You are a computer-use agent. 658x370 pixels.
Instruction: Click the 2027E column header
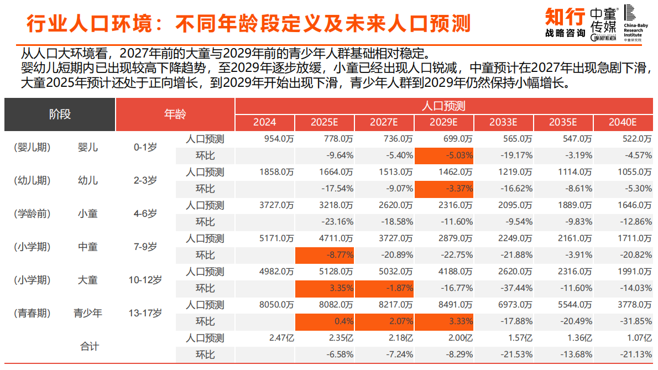[x=384, y=122]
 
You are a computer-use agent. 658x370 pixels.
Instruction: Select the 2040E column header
[x=623, y=122]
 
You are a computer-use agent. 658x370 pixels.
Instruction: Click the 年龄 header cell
[x=175, y=114]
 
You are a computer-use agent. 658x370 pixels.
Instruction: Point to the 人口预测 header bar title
[x=444, y=106]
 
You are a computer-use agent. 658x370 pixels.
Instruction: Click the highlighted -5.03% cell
[x=444, y=155]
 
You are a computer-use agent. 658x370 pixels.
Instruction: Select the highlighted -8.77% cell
[x=325, y=255]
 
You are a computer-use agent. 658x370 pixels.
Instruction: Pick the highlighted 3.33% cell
[x=444, y=321]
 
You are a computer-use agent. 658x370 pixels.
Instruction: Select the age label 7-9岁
[x=145, y=247]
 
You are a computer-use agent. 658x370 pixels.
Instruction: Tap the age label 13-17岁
[x=145, y=313]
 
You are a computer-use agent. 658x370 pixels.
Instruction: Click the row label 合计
[x=90, y=346]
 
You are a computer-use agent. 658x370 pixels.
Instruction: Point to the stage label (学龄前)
[x=32, y=213]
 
